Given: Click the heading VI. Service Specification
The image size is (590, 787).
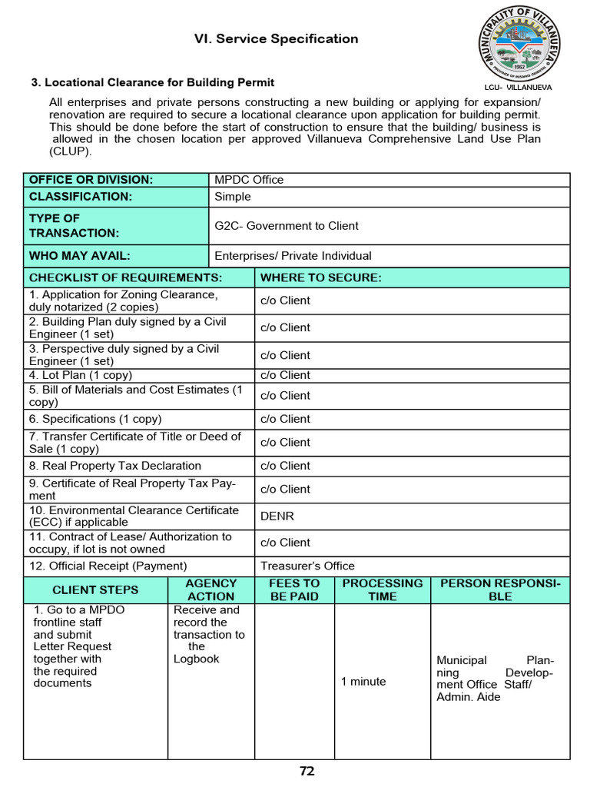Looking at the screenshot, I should [x=276, y=39].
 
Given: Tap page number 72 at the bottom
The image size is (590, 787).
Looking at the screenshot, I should [x=307, y=771].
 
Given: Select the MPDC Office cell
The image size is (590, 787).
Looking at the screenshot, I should [x=249, y=180].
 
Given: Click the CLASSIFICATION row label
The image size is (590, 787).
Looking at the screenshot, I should [x=81, y=197].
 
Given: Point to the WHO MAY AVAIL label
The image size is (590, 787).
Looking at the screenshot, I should [x=80, y=256].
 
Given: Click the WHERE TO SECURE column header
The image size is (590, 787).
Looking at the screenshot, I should [x=321, y=277].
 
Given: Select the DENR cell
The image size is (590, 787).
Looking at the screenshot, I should [x=277, y=516].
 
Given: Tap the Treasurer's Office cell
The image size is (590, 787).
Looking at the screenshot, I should [x=307, y=566].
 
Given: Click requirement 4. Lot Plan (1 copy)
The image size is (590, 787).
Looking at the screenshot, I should [x=81, y=375].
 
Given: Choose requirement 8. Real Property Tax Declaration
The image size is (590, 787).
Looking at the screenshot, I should [x=115, y=466].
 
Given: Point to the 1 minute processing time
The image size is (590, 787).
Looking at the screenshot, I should [x=363, y=682].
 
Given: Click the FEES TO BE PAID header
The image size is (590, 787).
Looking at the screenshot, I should [x=294, y=589].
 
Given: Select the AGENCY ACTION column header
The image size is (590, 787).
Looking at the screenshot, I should [x=211, y=589].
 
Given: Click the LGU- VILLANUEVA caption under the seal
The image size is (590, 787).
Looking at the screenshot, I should [x=519, y=88].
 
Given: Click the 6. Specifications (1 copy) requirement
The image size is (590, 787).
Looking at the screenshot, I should [x=95, y=419].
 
